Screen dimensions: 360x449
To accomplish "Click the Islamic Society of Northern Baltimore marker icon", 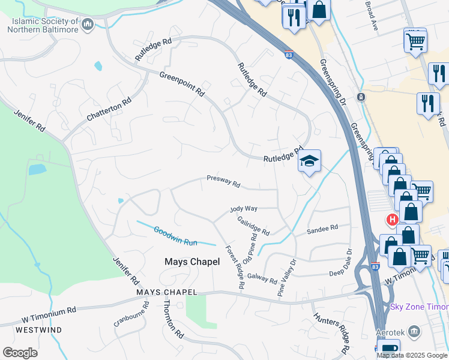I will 88,25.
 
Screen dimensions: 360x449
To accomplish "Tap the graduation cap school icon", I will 309,161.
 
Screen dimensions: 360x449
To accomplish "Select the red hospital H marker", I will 393,220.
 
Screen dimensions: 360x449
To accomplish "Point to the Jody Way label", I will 244,209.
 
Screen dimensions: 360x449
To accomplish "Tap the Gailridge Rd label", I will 253,226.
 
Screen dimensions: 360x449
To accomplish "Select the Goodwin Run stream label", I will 175,235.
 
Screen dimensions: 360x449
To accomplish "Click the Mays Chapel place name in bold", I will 188,262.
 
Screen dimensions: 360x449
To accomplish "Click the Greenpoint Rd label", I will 182,84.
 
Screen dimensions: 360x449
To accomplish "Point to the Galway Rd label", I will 262,278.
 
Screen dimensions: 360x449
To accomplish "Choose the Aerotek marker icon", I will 414,331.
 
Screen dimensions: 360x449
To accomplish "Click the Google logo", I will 20,353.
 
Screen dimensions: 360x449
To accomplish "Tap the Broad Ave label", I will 372,16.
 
